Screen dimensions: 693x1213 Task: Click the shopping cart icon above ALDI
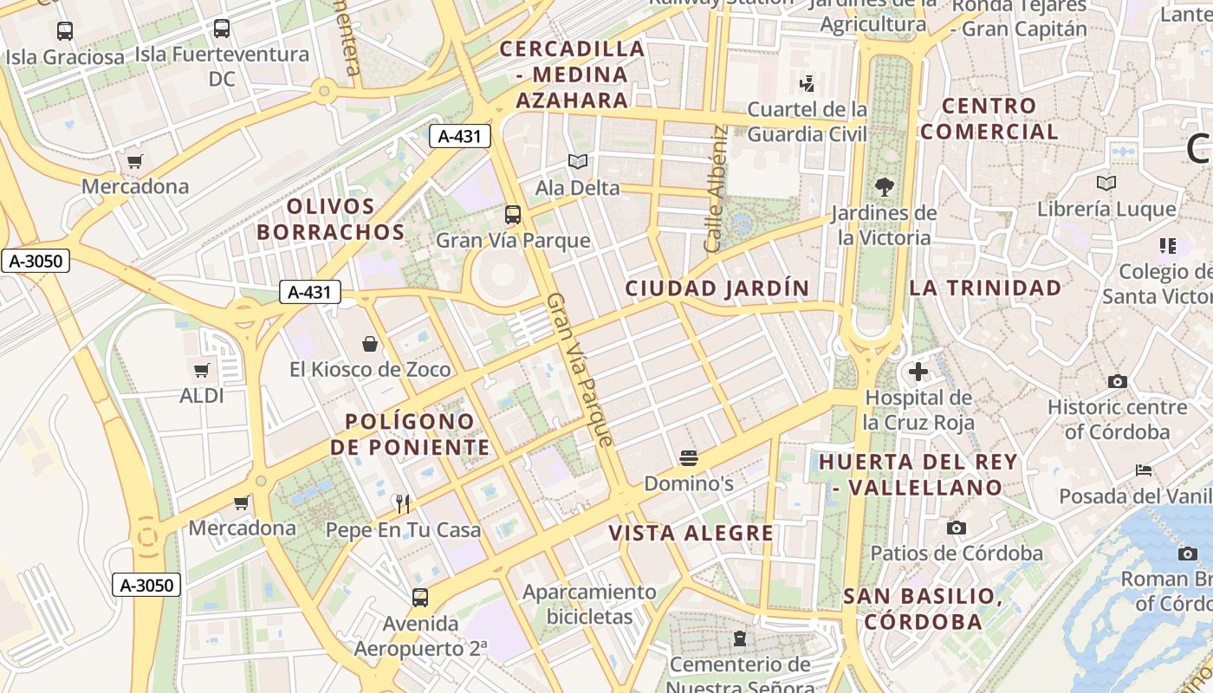tap(202, 371)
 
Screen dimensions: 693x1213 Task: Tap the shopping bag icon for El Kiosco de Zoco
tap(370, 344)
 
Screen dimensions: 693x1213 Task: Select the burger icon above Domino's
tap(689, 457)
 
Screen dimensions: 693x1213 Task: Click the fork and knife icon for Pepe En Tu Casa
tap(402, 503)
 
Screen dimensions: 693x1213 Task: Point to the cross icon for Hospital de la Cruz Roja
tap(918, 372)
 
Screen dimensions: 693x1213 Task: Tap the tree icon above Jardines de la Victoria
tap(884, 186)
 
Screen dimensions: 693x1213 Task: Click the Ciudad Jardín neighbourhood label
tap(717, 288)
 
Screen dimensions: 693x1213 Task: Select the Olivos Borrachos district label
tap(330, 219)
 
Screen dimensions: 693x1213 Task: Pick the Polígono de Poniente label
tap(410, 434)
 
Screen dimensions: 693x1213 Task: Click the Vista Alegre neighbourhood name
tap(691, 533)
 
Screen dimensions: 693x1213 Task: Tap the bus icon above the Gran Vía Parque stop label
tap(513, 214)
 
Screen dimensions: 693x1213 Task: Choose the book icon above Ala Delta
tap(577, 161)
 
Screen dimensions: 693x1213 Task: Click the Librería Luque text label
tap(1106, 209)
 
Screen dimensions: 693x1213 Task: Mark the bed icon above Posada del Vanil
tap(1144, 470)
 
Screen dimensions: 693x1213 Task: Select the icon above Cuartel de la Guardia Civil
tap(807, 83)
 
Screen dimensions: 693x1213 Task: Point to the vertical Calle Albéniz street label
tap(715, 189)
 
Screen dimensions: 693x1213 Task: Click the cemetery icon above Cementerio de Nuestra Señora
tap(739, 638)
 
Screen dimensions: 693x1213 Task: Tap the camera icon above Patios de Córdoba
tap(957, 528)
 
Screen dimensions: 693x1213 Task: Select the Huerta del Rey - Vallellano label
tap(911, 474)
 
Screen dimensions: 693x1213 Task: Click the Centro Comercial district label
tap(989, 119)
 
